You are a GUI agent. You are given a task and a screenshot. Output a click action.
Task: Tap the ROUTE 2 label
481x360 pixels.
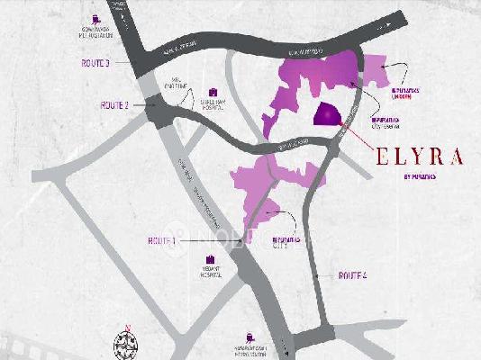[x=114, y=105]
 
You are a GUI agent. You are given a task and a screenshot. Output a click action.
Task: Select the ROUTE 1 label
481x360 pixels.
[x=162, y=242]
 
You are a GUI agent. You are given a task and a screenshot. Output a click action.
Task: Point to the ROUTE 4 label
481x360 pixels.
[x=352, y=274]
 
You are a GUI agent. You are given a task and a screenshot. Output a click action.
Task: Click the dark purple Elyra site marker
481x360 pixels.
[x=325, y=116]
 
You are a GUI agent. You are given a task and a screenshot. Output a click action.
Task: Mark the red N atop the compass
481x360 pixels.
[x=128, y=326]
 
